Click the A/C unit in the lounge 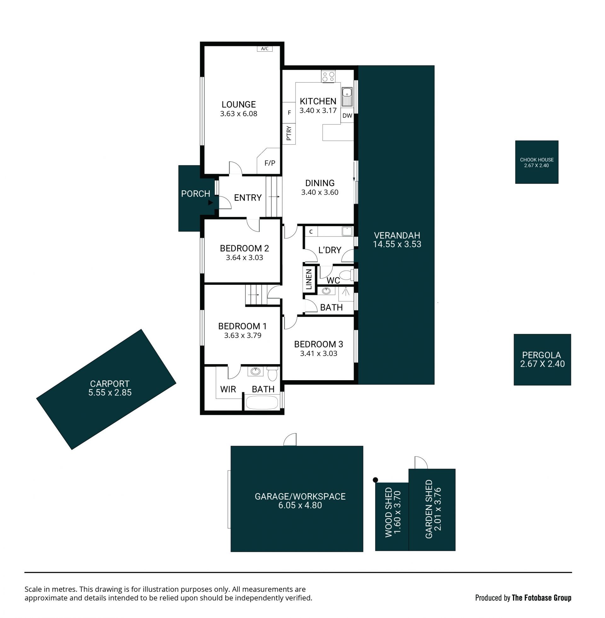(x=265, y=49)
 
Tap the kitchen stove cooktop (x=328, y=76)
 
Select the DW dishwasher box (x=347, y=116)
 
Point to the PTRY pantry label (x=289, y=133)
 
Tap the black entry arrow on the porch (x=210, y=203)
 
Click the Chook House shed (x=537, y=162)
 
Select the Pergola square (x=542, y=359)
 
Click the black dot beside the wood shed (x=375, y=480)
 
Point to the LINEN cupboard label (x=309, y=279)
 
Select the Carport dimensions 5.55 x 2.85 (x=110, y=392)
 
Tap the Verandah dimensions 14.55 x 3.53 (x=397, y=244)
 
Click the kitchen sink (x=347, y=96)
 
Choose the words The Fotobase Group (x=541, y=598)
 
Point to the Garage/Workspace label (x=300, y=496)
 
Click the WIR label (x=228, y=389)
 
